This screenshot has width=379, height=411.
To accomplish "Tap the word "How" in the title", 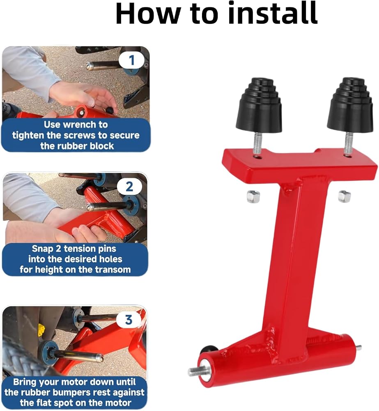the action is point(148,14).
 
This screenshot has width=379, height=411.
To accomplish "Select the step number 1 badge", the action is point(131,60).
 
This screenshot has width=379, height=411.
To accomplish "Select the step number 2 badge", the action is point(129,187).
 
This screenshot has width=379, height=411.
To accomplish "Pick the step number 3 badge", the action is point(129,320).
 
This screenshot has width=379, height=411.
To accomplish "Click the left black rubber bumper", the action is point(259,105).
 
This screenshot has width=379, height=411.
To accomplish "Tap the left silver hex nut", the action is point(254,196).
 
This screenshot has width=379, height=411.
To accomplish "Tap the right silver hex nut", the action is point(344,196).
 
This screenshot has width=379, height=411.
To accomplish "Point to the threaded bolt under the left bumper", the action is point(257,143).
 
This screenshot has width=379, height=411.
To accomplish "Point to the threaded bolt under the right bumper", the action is point(347,143).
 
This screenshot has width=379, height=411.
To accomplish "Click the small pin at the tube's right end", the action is point(358,348).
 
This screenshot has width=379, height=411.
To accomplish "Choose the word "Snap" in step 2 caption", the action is point(42,249).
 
